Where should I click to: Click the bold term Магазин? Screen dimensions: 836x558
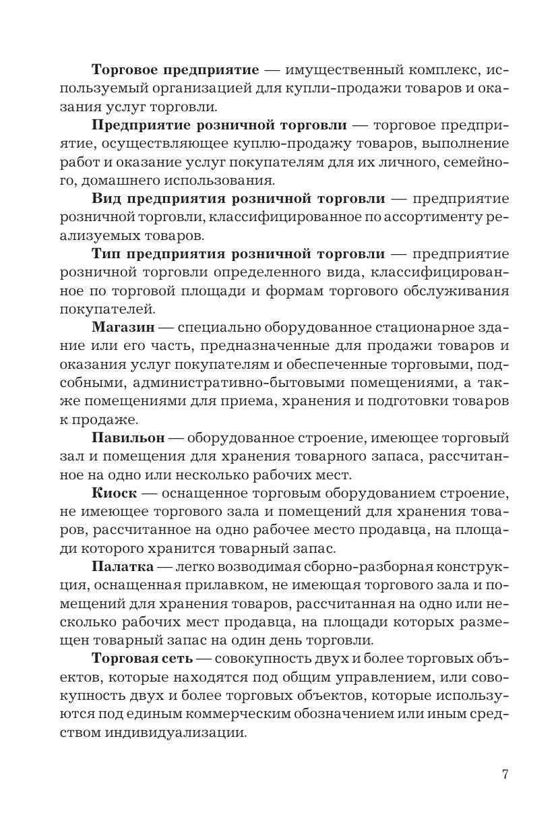click(123, 327)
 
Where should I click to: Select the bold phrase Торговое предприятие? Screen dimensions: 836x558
click(175, 70)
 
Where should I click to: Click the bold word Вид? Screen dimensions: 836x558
click(105, 199)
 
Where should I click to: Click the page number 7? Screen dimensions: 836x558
click(505, 774)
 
